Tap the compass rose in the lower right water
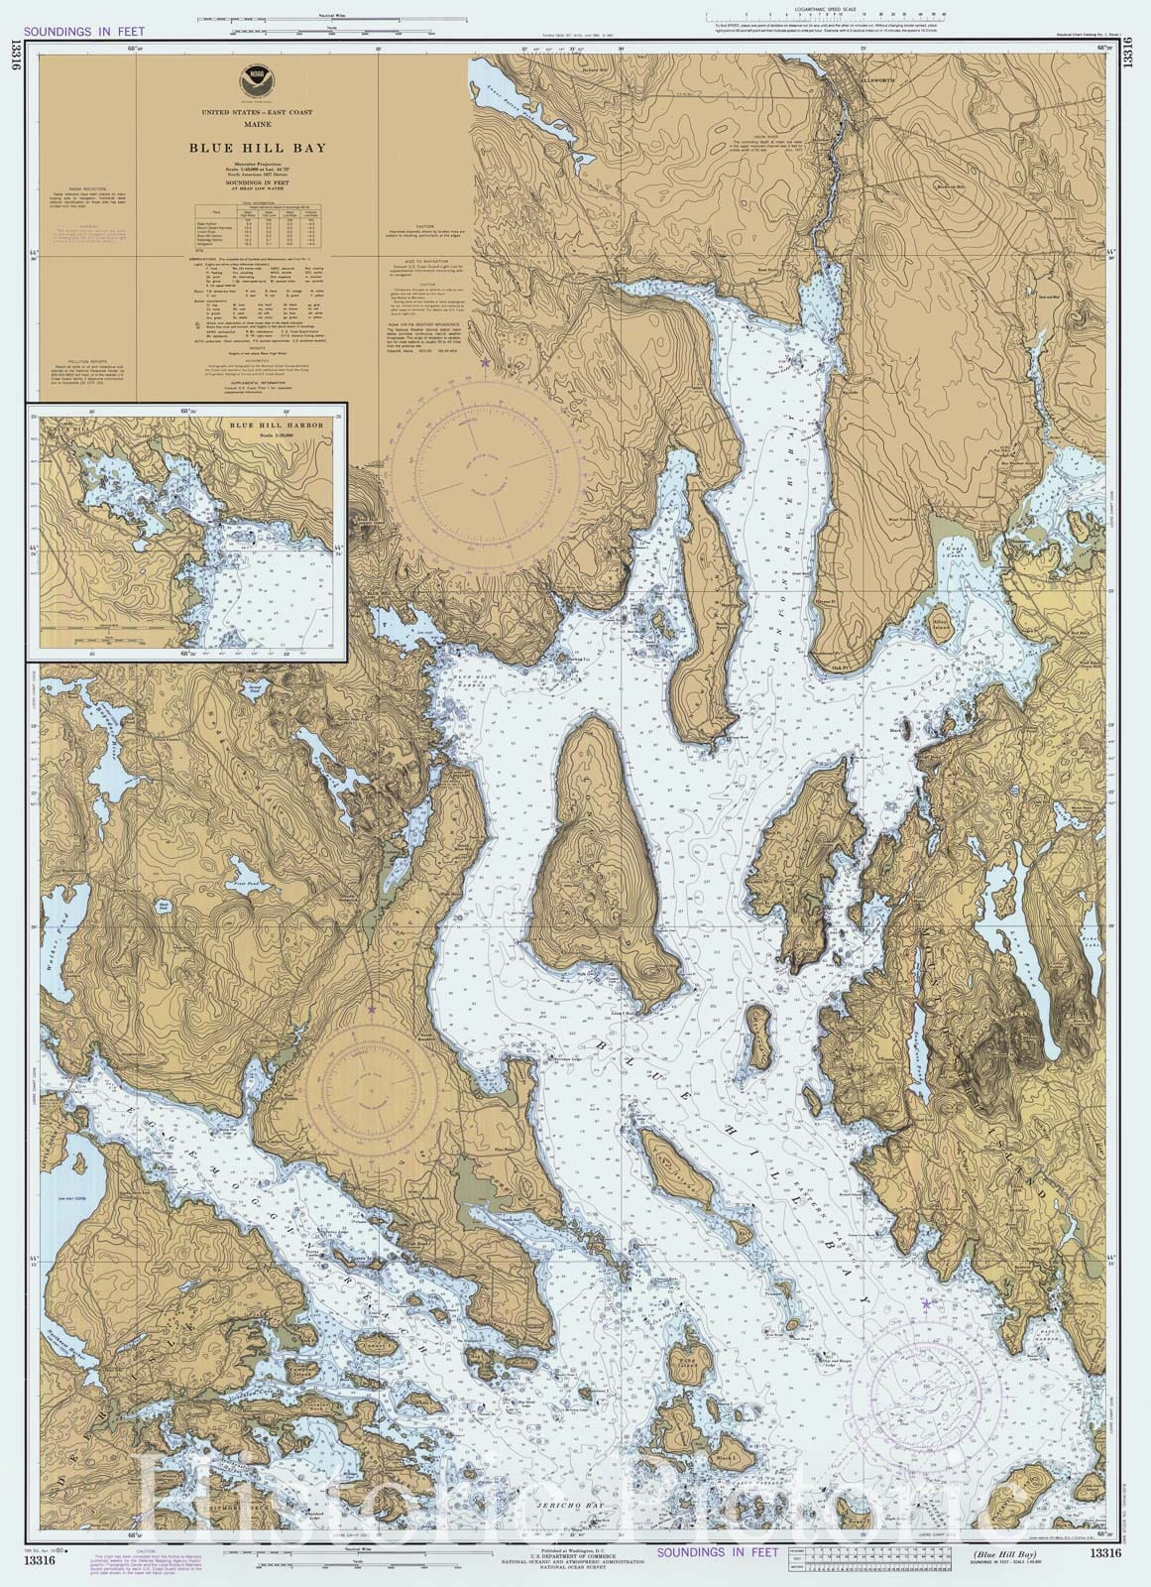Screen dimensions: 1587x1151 [x=927, y=1384]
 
